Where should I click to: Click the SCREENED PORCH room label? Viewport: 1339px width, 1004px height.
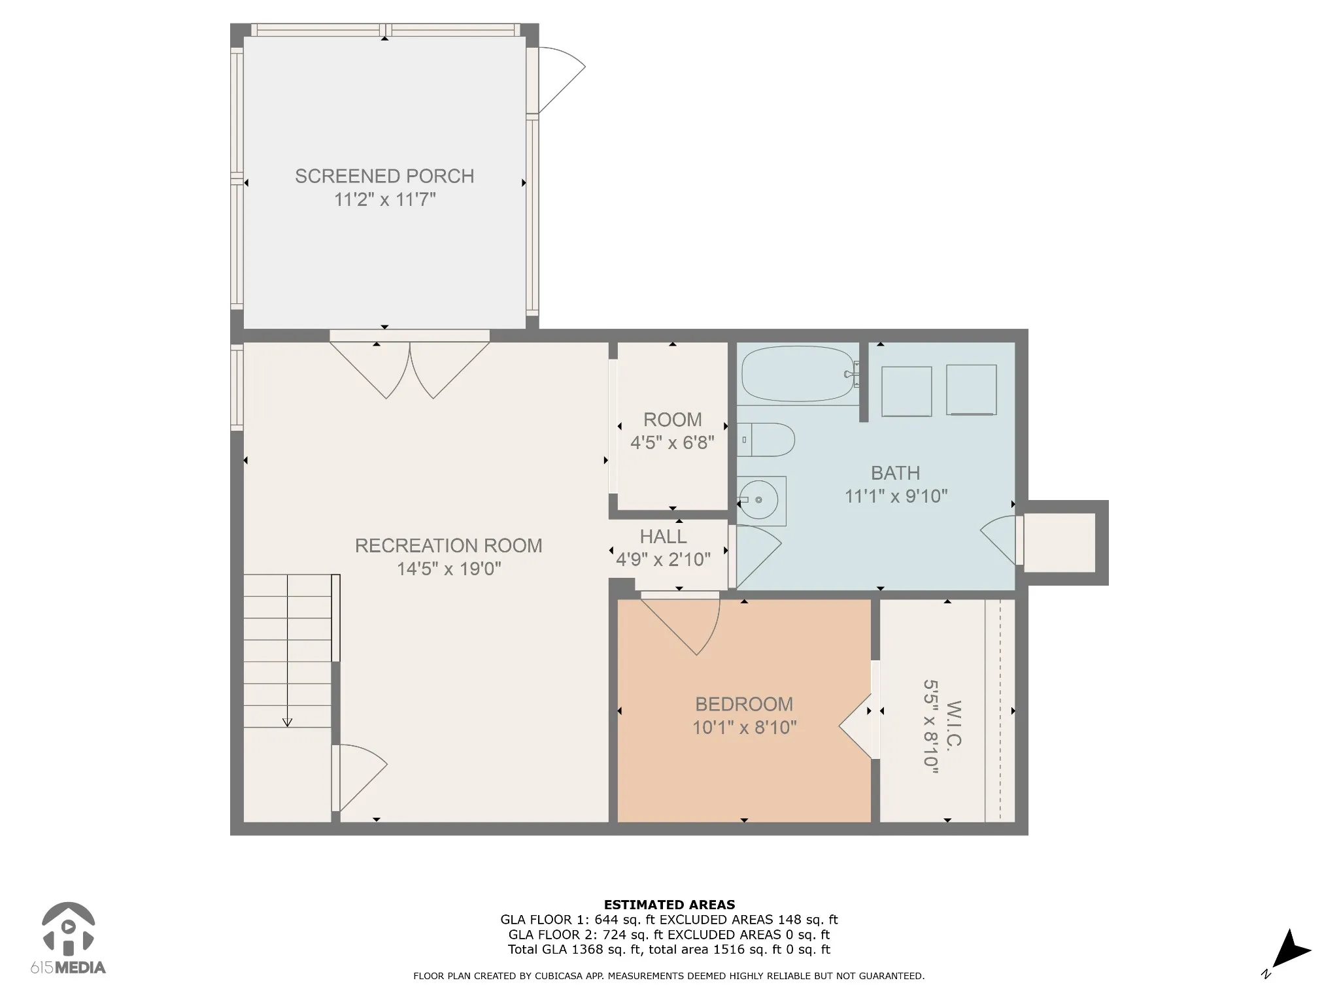tap(384, 176)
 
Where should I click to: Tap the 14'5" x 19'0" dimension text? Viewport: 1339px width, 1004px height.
tap(449, 569)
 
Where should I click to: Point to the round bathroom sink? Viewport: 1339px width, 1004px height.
tap(758, 500)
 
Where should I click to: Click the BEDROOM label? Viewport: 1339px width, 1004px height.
tap(744, 704)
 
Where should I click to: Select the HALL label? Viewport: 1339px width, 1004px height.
tap(663, 537)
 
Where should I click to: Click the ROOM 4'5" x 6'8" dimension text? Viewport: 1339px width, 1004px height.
tap(672, 443)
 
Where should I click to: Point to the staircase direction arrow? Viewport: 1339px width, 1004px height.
tap(287, 650)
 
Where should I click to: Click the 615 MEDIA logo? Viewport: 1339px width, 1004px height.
tap(68, 939)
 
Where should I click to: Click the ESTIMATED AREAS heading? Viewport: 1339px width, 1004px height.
tap(669, 905)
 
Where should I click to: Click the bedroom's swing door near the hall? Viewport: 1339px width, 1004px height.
tap(680, 624)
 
